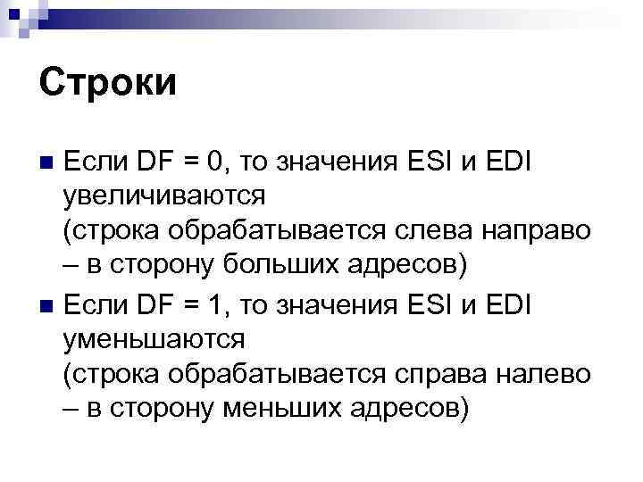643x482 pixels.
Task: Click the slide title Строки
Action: click(x=109, y=85)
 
